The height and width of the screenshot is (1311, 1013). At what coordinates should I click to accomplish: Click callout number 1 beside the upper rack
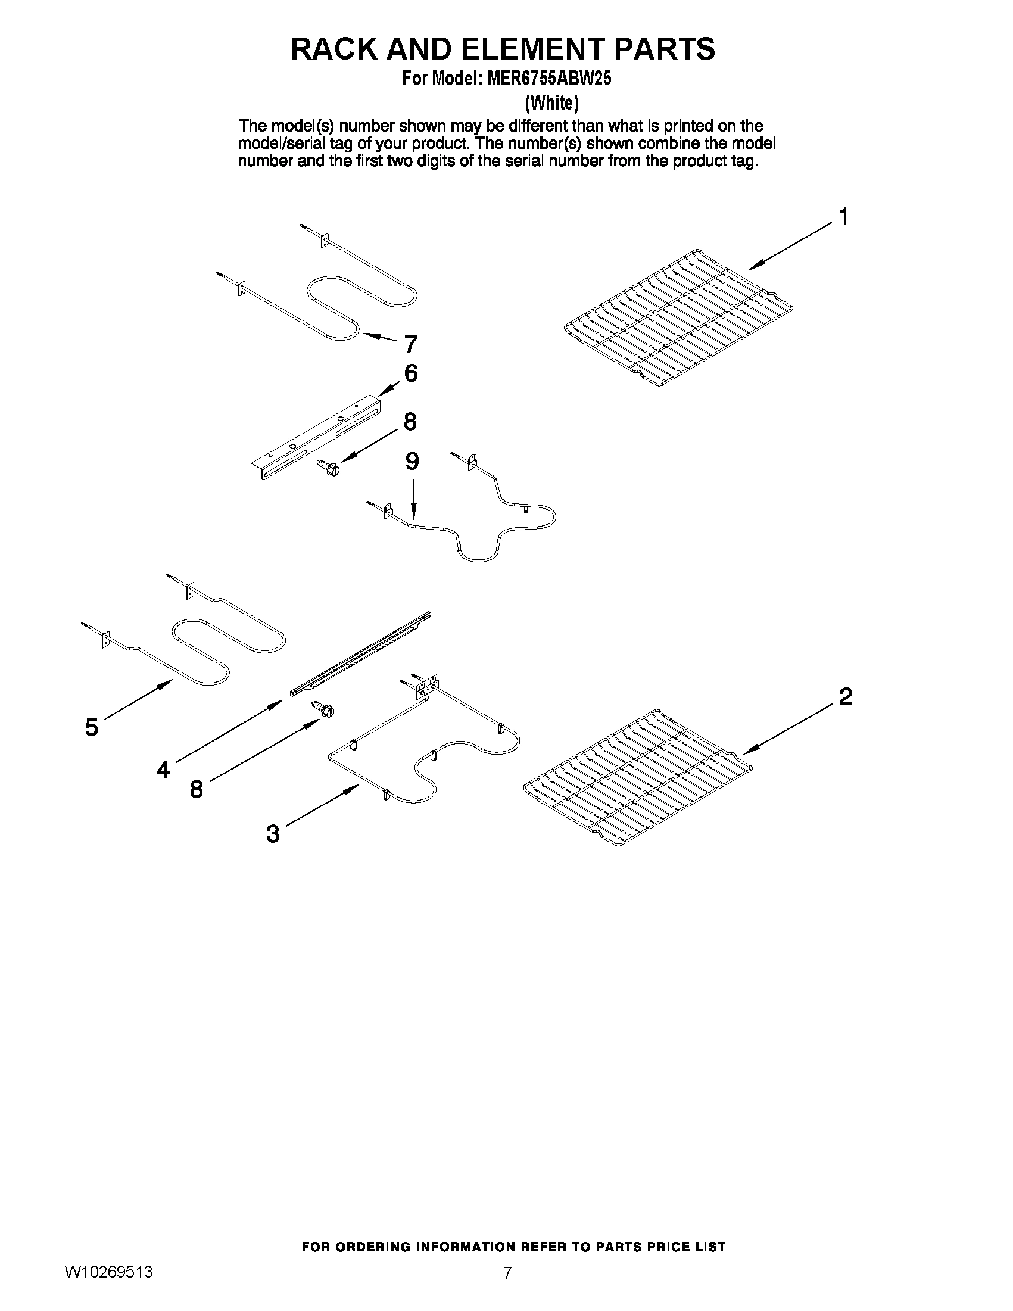pos(843,217)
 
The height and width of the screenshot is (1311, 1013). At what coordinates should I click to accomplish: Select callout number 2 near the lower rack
pos(845,697)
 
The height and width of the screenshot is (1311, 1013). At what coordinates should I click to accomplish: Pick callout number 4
pos(163,770)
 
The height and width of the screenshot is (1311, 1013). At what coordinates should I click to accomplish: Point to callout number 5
pos(91,727)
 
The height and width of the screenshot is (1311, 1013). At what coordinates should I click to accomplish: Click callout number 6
pos(411,373)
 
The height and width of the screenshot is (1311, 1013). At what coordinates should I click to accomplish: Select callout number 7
pos(410,344)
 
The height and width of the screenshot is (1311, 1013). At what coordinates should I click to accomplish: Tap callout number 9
pos(412,462)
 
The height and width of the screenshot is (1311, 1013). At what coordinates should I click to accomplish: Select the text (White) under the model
pos(551,103)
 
